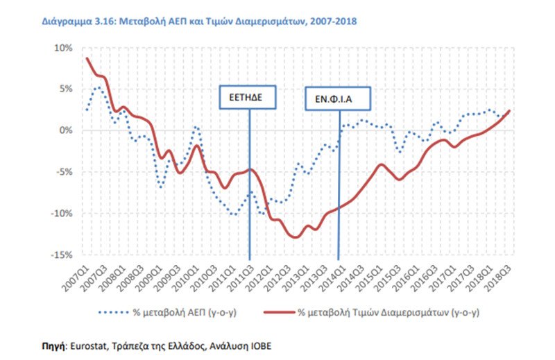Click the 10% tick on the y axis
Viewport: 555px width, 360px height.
point(63,48)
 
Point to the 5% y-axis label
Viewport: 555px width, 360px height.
point(65,89)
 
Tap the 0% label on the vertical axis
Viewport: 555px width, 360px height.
point(65,130)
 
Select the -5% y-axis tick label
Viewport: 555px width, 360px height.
point(64,172)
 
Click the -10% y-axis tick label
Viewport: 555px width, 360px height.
point(62,214)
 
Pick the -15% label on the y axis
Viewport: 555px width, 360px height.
point(62,255)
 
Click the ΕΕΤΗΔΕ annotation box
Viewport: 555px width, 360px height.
point(248,97)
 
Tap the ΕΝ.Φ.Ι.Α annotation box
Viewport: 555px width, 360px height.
point(338,98)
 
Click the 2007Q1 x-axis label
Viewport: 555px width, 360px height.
point(76,279)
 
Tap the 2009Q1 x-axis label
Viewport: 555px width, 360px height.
point(149,279)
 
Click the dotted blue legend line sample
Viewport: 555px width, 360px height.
point(113,312)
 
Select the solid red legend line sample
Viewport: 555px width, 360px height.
point(279,312)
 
